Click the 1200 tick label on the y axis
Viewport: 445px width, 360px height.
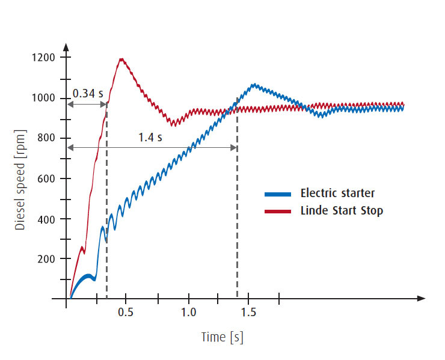(44, 58)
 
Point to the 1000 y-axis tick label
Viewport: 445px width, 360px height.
(44, 99)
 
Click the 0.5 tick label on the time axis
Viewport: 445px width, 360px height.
(126, 313)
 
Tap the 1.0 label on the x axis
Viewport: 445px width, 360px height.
(188, 313)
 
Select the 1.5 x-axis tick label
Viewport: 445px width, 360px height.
(248, 313)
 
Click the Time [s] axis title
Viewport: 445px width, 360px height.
(222, 337)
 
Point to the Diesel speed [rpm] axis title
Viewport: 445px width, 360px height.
(20, 178)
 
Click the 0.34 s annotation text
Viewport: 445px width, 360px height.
(87, 94)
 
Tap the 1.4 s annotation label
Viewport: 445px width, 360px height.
(150, 137)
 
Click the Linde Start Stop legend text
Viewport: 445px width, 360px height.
(341, 212)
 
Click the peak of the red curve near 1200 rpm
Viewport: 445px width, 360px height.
(122, 59)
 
